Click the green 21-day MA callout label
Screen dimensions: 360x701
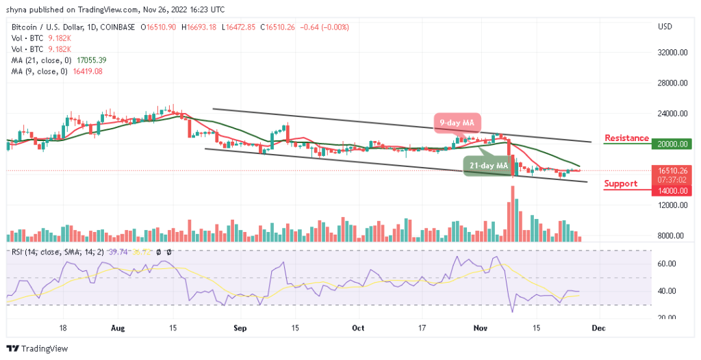(x=487, y=166)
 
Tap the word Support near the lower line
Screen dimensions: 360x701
(x=620, y=183)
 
